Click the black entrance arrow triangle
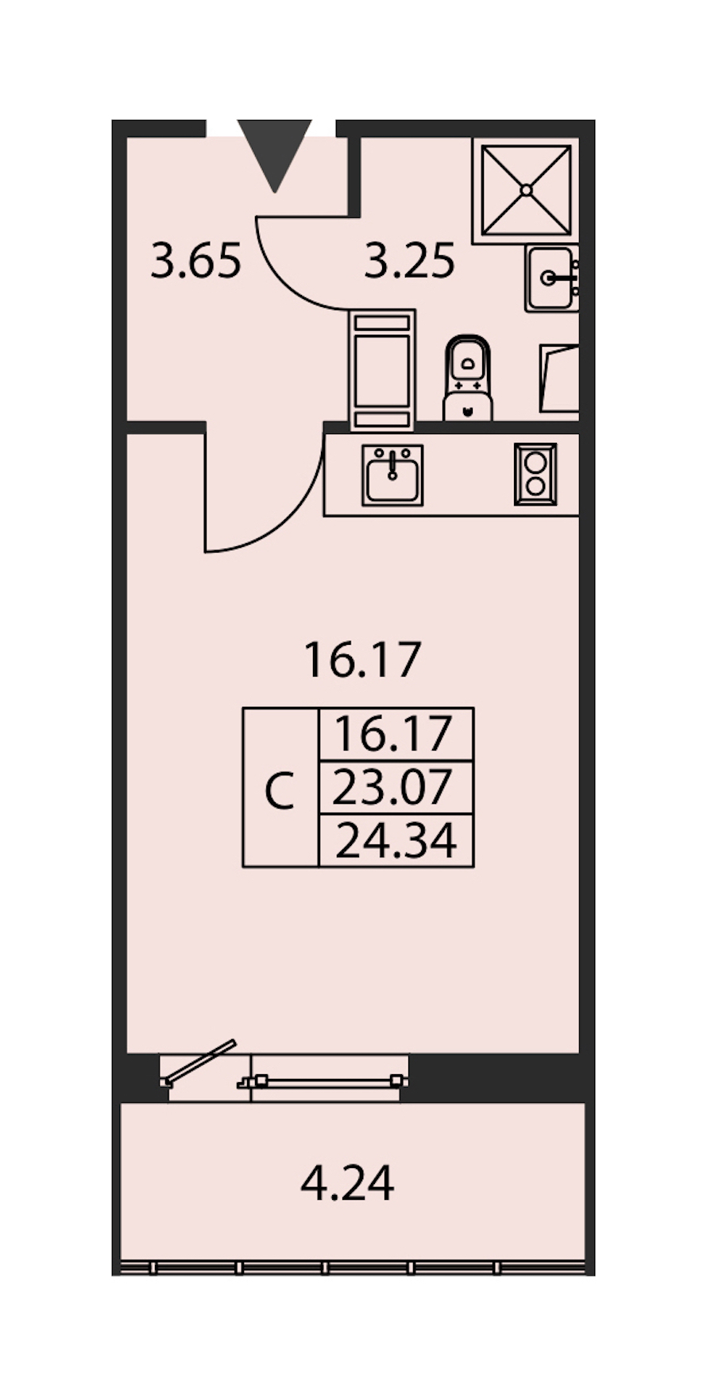(x=274, y=151)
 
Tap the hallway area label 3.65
(x=195, y=261)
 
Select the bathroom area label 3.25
(x=409, y=261)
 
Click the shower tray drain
(x=526, y=190)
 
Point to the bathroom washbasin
(x=551, y=277)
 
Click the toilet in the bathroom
(x=467, y=377)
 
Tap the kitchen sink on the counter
(x=392, y=475)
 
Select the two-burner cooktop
(x=535, y=474)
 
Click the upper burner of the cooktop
(x=535, y=461)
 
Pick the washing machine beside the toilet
(x=382, y=370)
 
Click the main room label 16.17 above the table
(x=361, y=661)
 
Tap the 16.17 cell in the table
(x=396, y=734)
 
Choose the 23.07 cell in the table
(x=396, y=787)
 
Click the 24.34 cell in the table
(x=396, y=840)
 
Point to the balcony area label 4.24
(x=347, y=1183)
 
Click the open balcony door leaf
(x=199, y=1061)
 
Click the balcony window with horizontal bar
(x=323, y=1081)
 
